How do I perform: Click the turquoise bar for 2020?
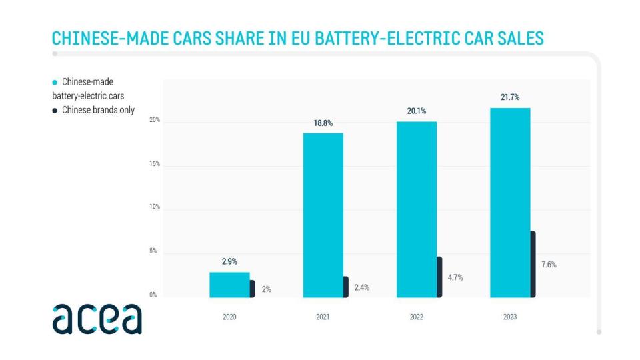point(229,285)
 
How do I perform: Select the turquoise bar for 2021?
point(323,215)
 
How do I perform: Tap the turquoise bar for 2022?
point(416,209)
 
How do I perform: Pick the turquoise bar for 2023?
point(510,203)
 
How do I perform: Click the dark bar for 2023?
point(533,265)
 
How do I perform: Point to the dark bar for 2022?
point(439,277)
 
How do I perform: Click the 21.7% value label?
point(510,97)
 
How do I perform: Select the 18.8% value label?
point(323,123)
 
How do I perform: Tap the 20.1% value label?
point(416,111)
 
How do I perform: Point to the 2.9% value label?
point(229,261)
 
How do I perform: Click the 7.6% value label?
point(549,265)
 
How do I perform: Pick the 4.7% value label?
point(455,277)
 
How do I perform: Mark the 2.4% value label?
point(361,287)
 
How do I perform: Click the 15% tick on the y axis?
point(154,164)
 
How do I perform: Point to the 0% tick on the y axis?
point(153,295)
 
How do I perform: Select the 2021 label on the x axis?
point(323,317)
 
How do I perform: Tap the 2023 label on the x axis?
point(510,317)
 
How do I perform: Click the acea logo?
point(97,318)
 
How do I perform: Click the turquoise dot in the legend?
point(55,82)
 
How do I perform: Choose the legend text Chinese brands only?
point(98,110)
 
